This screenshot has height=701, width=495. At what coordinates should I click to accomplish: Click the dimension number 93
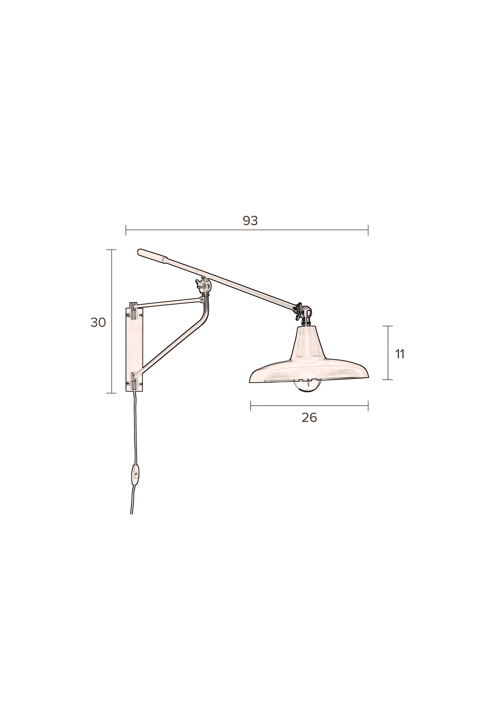(x=250, y=221)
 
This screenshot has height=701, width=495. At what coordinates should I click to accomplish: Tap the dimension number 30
(x=98, y=322)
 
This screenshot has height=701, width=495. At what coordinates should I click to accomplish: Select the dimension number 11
(x=400, y=354)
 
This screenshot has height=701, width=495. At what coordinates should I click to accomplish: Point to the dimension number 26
(x=309, y=418)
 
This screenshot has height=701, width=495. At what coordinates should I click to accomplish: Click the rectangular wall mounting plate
(x=134, y=348)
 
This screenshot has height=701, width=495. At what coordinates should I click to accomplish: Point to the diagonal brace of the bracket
(x=171, y=348)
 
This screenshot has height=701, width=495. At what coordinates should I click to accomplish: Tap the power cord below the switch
(x=133, y=504)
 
